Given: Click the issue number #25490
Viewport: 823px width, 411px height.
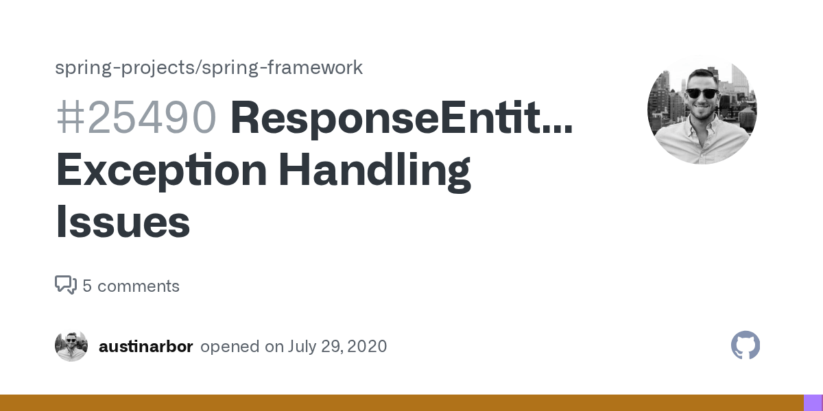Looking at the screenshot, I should pyautogui.click(x=136, y=118).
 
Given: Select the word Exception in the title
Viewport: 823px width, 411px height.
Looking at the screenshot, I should pyautogui.click(x=161, y=171).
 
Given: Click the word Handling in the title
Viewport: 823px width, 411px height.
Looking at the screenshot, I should pyautogui.click(x=374, y=171).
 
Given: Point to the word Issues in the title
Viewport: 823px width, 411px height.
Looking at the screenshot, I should pyautogui.click(x=123, y=223).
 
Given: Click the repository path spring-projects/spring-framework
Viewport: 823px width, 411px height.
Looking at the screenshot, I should pyautogui.click(x=208, y=68).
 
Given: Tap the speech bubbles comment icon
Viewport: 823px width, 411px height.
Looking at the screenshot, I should pyautogui.click(x=66, y=285).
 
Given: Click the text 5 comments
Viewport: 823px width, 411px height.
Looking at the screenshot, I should pyautogui.click(x=131, y=286).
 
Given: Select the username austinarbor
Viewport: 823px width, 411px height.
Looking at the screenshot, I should pyautogui.click(x=145, y=347).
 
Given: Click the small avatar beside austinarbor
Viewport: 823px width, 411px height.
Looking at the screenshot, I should pyautogui.click(x=71, y=346).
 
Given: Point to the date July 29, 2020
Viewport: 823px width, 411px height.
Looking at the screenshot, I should pyautogui.click(x=337, y=347).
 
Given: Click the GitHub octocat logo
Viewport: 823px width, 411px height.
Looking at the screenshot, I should pyautogui.click(x=746, y=345).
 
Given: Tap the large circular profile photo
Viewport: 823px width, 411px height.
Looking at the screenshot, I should pyautogui.click(x=702, y=110).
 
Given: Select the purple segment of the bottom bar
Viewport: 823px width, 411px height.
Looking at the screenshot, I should pyautogui.click(x=813, y=403).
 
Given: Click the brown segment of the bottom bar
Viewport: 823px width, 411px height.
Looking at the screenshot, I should pyautogui.click(x=401, y=403).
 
